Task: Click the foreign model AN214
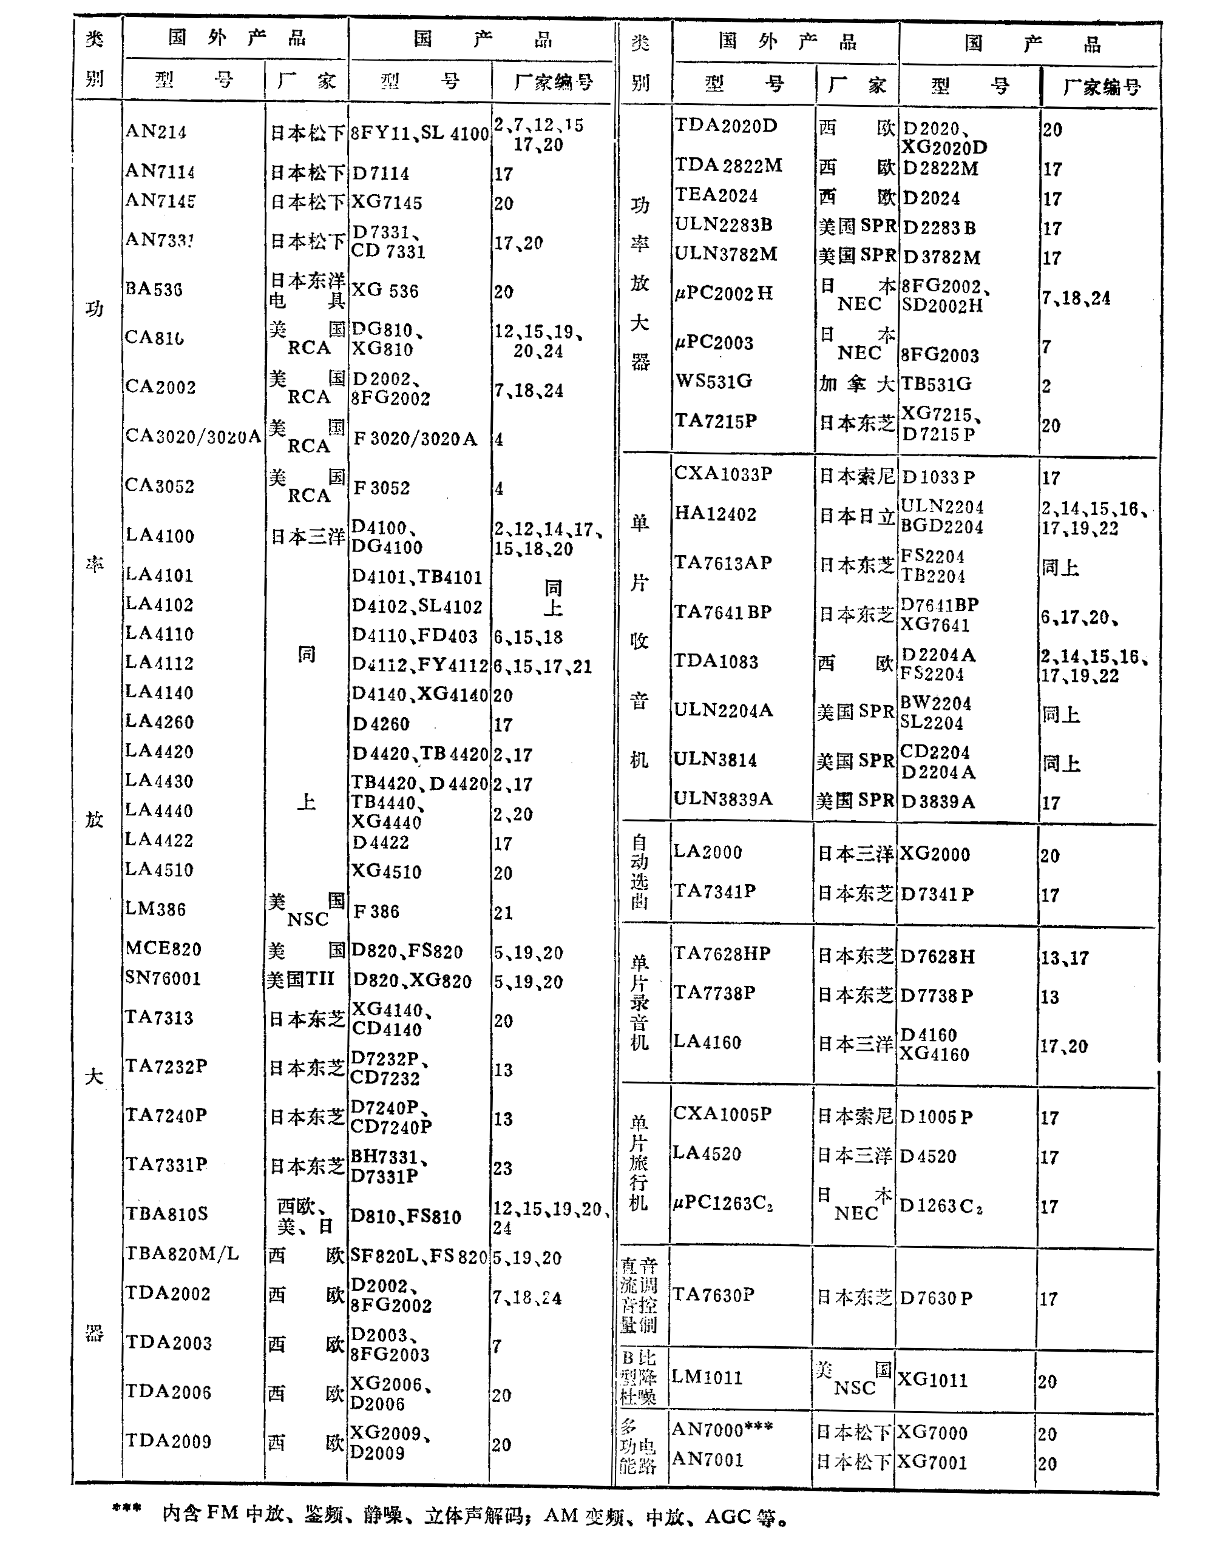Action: (156, 132)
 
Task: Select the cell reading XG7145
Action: (386, 203)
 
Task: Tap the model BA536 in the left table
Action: (154, 289)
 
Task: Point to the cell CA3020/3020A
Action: (193, 436)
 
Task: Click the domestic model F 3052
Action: (382, 488)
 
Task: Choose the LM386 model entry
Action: (155, 909)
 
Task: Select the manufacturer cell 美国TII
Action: (301, 979)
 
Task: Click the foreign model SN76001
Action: (163, 978)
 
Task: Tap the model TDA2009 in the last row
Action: (168, 1441)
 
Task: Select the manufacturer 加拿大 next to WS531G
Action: (856, 385)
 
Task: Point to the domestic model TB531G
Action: (936, 384)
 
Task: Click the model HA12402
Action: (715, 514)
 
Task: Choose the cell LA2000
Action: (707, 852)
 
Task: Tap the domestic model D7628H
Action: (937, 956)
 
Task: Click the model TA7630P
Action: (713, 1295)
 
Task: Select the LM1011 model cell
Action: (707, 1377)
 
